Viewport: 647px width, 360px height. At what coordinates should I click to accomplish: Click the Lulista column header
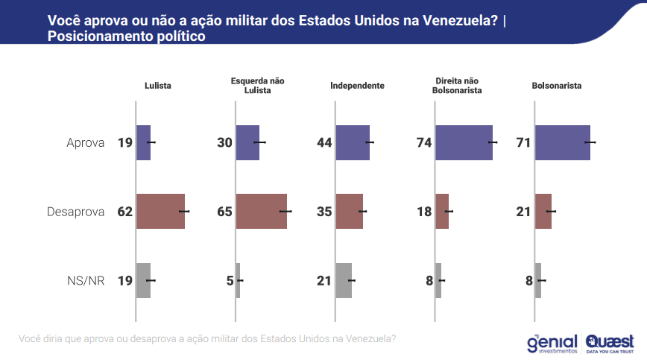pyautogui.click(x=157, y=86)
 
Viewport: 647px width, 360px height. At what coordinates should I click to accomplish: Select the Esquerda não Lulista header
pyautogui.click(x=257, y=86)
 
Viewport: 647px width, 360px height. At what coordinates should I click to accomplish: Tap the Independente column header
pyautogui.click(x=357, y=86)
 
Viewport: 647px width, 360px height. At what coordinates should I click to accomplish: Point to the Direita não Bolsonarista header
pyautogui.click(x=457, y=86)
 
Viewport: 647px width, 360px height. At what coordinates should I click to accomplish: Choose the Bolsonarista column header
pyautogui.click(x=557, y=86)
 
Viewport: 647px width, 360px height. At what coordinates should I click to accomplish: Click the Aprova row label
pyautogui.click(x=86, y=143)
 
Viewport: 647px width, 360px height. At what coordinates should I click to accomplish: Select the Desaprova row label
pyautogui.click(x=75, y=212)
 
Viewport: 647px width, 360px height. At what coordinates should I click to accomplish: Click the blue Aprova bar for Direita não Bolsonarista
pyautogui.click(x=464, y=142)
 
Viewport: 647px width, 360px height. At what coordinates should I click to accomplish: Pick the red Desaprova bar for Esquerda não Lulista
pyautogui.click(x=261, y=212)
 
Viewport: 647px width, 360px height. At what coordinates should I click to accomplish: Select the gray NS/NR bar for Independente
pyautogui.click(x=344, y=281)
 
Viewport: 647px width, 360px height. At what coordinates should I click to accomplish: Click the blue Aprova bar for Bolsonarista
pyautogui.click(x=562, y=142)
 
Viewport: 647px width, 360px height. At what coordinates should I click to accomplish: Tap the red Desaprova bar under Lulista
pyautogui.click(x=160, y=212)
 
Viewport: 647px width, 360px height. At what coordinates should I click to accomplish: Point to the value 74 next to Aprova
pyautogui.click(x=424, y=143)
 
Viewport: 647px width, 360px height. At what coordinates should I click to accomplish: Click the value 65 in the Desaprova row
pyautogui.click(x=224, y=212)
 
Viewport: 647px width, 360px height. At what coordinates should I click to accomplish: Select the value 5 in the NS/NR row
pyautogui.click(x=230, y=281)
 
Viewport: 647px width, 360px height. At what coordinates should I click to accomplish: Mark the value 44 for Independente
pyautogui.click(x=324, y=143)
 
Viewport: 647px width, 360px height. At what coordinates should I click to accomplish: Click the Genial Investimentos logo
pyautogui.click(x=552, y=342)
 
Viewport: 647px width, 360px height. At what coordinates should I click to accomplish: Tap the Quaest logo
pyautogui.click(x=610, y=342)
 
